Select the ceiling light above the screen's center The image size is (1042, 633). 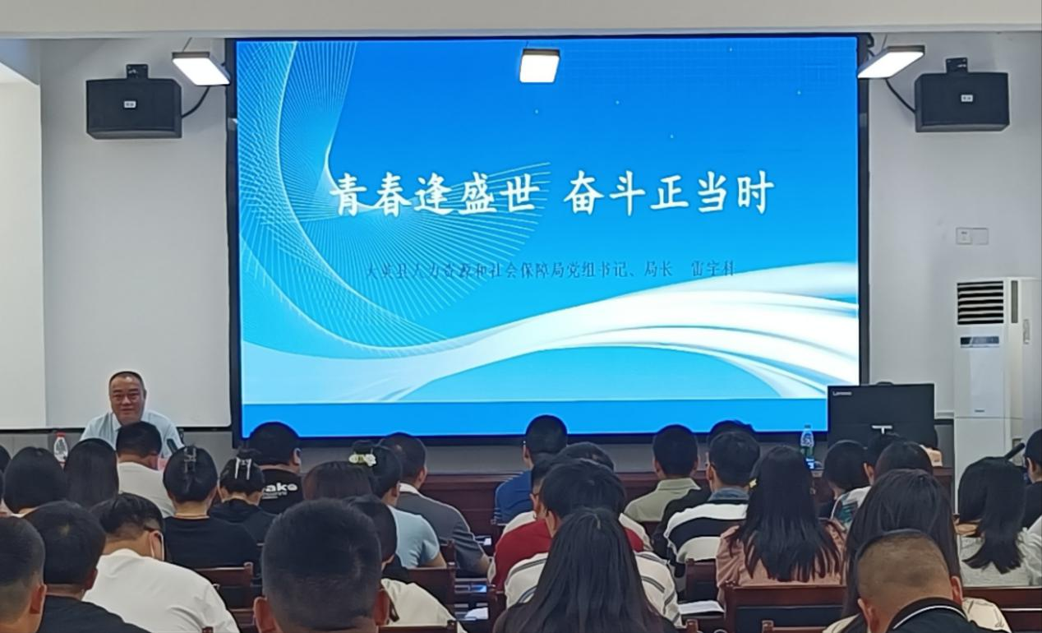click(x=539, y=66)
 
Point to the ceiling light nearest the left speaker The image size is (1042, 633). click(x=201, y=69)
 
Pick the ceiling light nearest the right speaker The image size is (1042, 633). click(x=890, y=62)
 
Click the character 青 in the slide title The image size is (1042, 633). click(x=348, y=194)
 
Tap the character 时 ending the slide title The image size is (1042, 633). click(x=754, y=194)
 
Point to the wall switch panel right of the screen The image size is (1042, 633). click(x=971, y=236)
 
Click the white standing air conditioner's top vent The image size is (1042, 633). click(x=980, y=303)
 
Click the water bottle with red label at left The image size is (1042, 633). click(x=60, y=448)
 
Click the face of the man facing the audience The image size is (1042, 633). click(x=127, y=397)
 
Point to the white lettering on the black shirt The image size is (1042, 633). click(x=281, y=488)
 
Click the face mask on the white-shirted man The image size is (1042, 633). click(x=156, y=546)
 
